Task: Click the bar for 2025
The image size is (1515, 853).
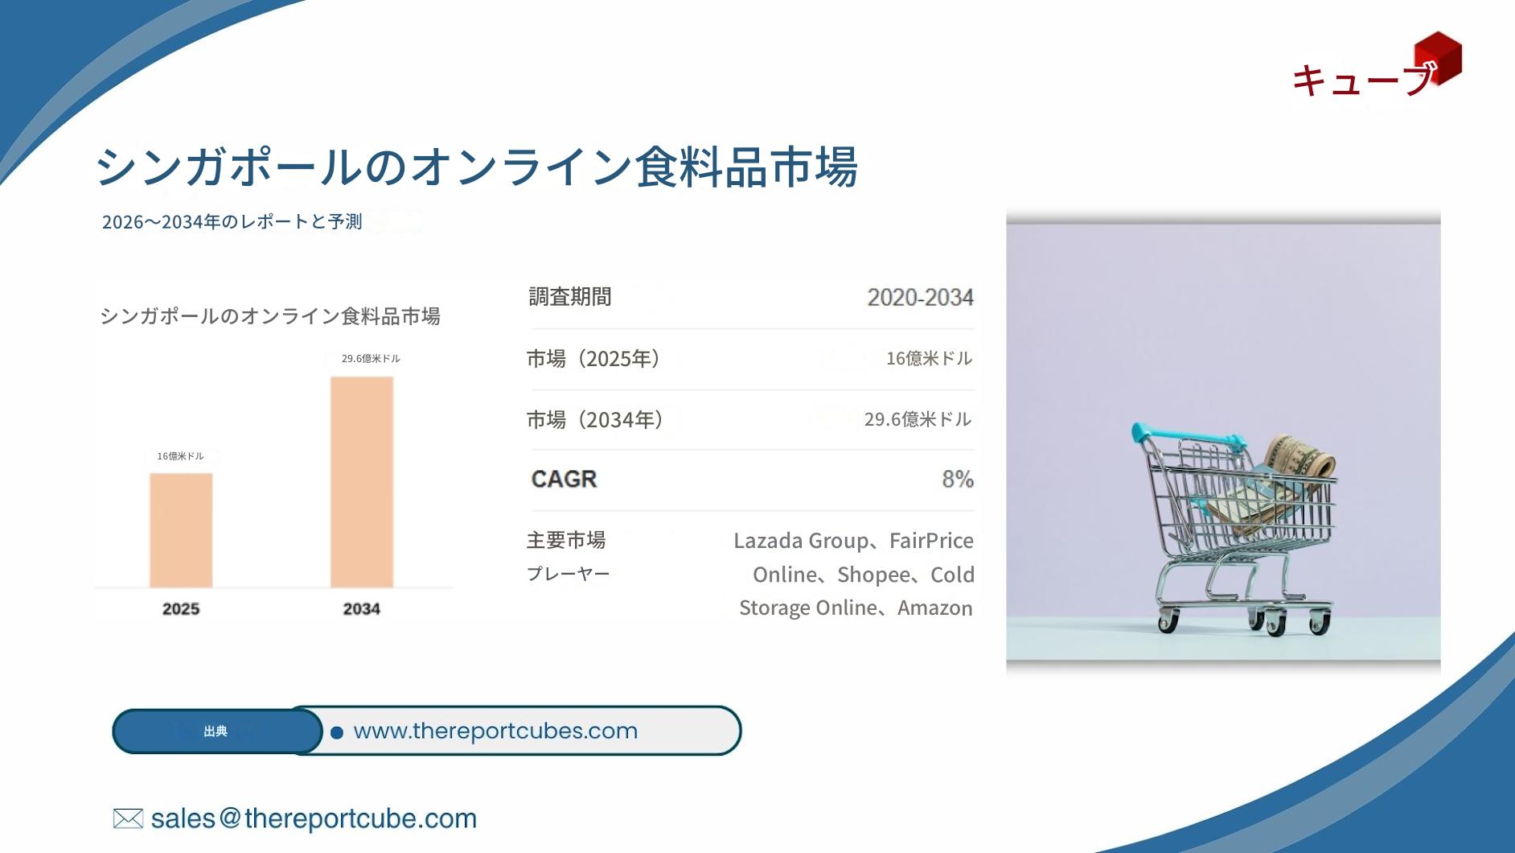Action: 181,530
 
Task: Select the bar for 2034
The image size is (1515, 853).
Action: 362,482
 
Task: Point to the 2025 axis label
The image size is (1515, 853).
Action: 181,609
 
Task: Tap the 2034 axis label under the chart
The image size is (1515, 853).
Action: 362,609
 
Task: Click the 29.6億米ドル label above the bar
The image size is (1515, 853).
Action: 371,359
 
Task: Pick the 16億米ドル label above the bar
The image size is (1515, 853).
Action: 180,456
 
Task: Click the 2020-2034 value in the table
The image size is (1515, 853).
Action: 920,298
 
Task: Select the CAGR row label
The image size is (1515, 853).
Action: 564,479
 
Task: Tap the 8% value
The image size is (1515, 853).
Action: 958,480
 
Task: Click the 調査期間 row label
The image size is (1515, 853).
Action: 569,297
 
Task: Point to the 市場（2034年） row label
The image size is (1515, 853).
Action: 595,419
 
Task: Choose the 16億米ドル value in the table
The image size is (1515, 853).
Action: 929,358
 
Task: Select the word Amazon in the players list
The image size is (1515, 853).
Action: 934,608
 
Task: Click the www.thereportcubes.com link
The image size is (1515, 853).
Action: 495,731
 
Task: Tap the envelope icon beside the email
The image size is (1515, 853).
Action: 128,818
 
